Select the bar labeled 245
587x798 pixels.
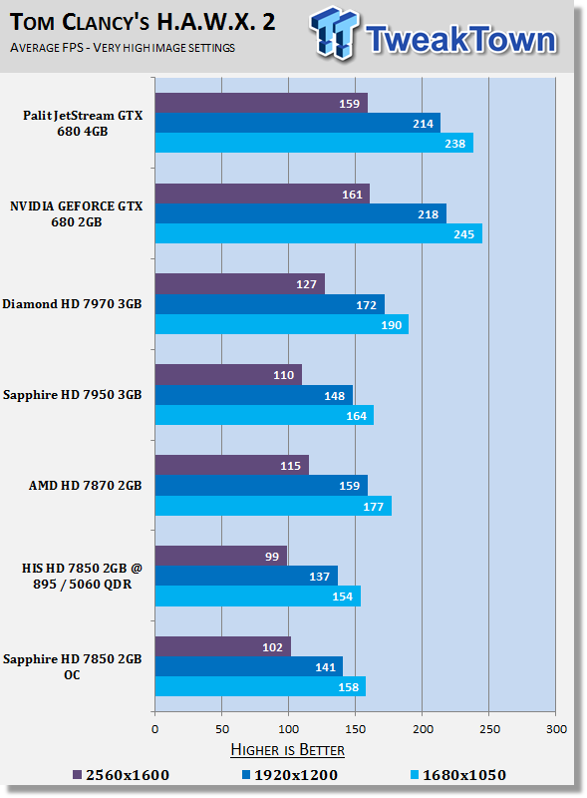[318, 233]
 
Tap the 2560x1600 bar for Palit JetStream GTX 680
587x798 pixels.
[261, 103]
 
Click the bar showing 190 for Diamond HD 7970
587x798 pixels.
[281, 324]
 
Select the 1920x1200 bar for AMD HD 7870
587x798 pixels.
[261, 485]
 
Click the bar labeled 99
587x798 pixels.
[220, 556]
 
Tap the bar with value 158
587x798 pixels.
[260, 686]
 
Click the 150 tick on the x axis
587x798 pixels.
[356, 729]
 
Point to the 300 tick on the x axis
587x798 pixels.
[556, 729]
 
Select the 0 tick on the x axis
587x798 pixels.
[154, 729]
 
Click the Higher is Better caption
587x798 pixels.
[287, 749]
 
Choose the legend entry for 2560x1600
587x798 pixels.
[122, 775]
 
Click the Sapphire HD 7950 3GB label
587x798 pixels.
[73, 395]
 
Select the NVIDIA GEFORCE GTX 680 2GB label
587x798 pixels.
[77, 213]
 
